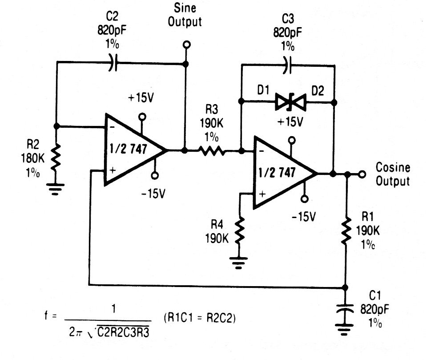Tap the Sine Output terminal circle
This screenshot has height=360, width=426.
pyautogui.click(x=186, y=44)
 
